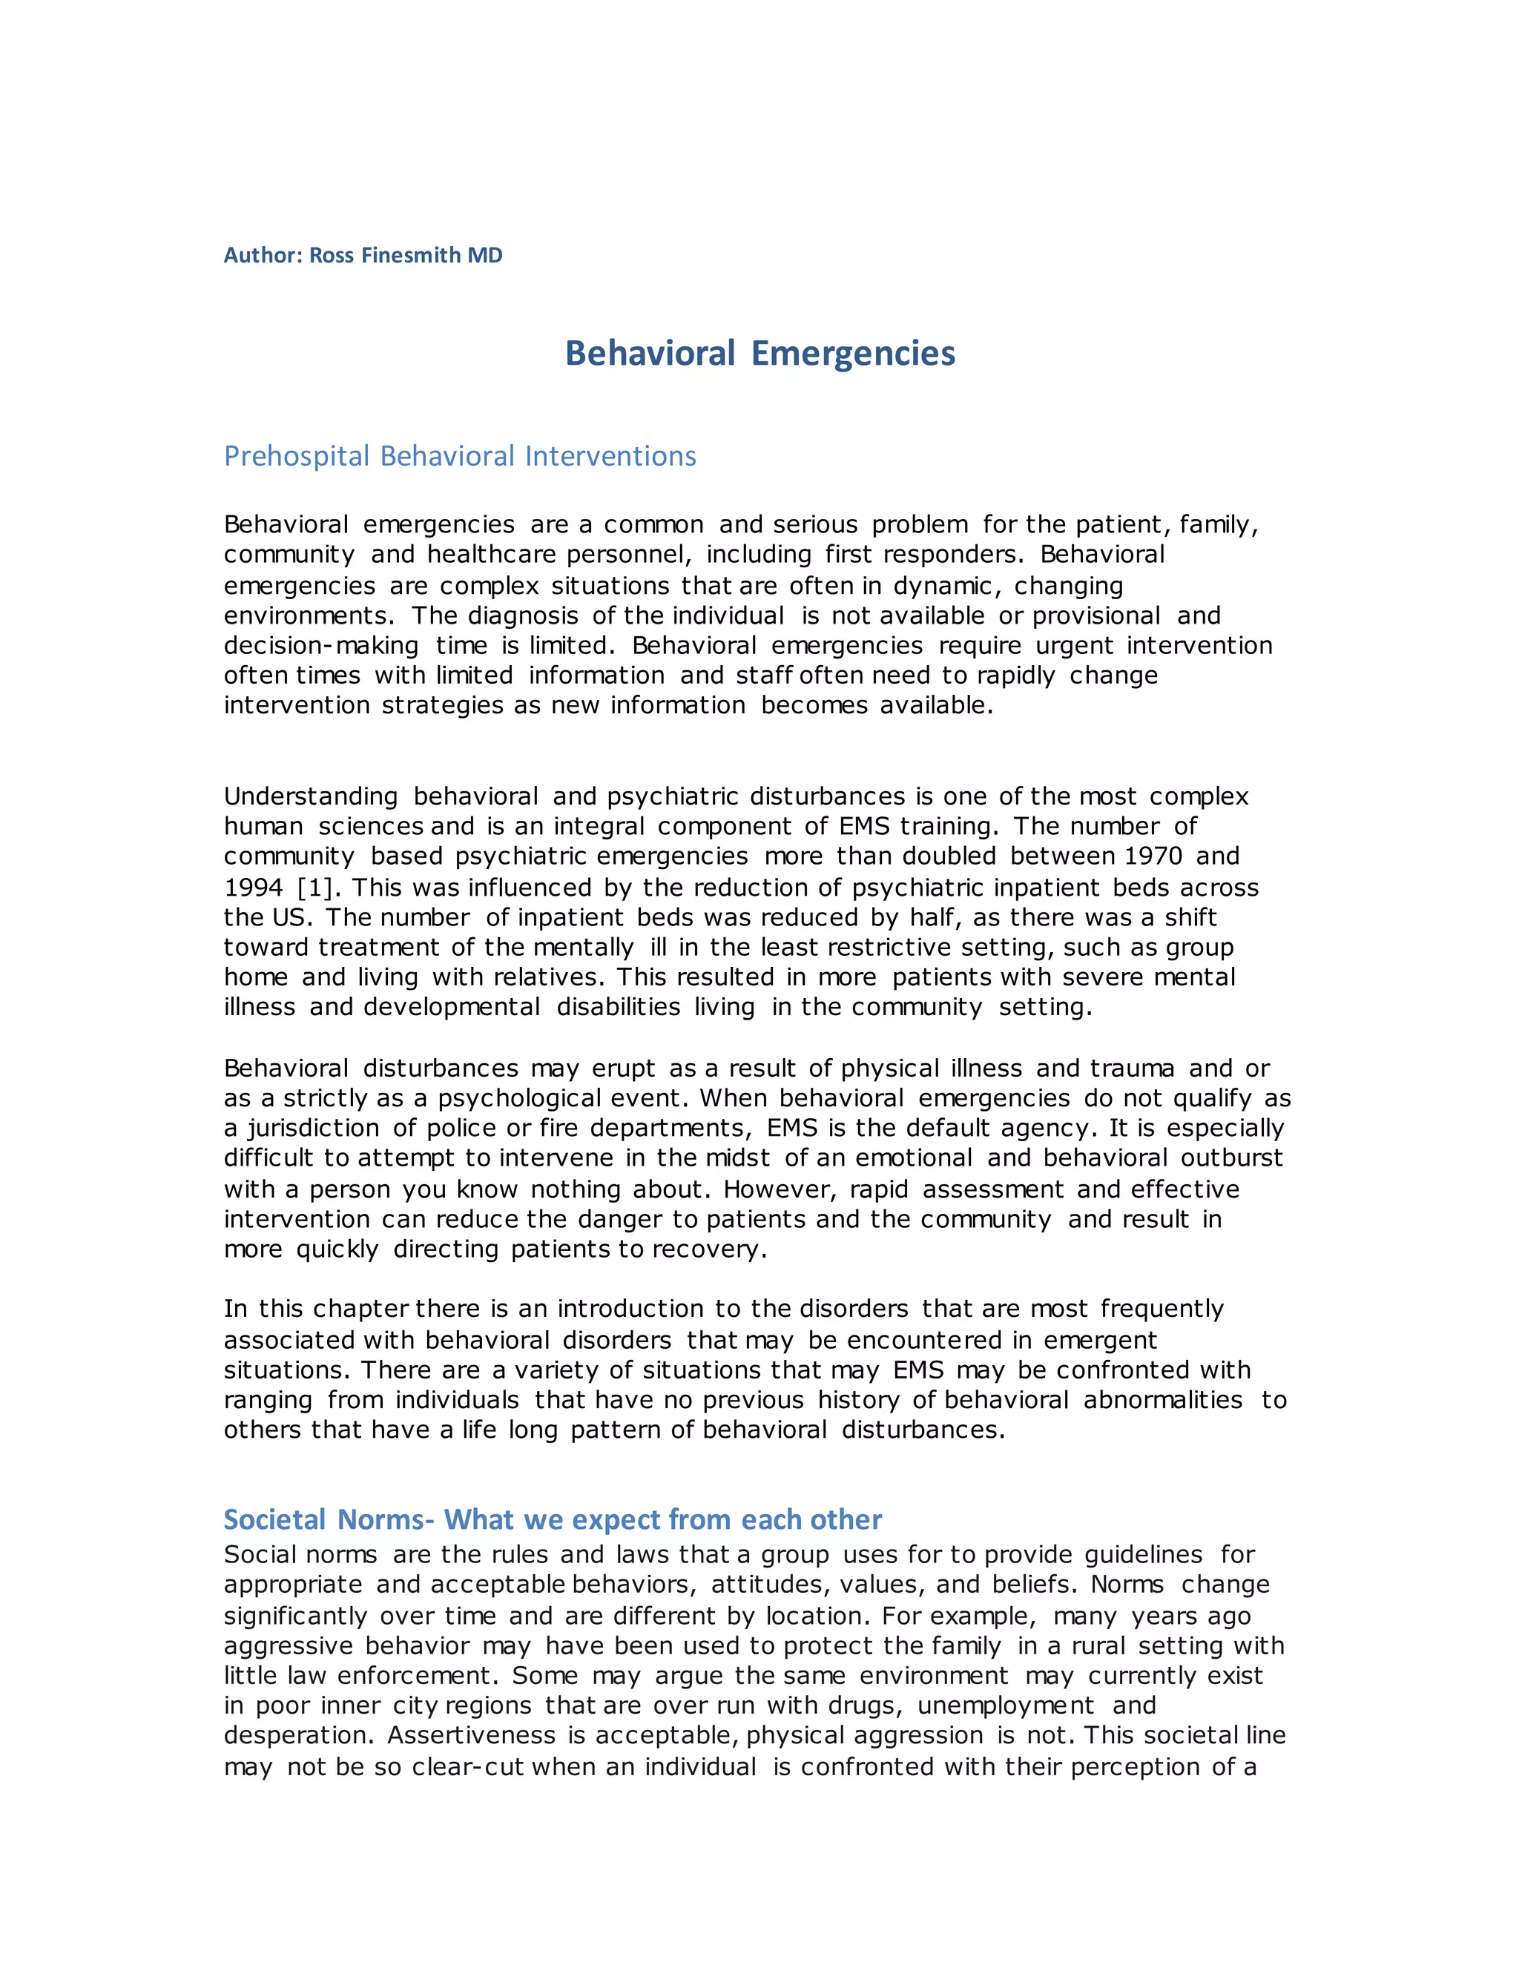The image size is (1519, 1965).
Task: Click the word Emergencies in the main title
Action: point(853,353)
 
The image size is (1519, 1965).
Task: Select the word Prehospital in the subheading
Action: point(297,456)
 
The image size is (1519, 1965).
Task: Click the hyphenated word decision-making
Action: point(321,646)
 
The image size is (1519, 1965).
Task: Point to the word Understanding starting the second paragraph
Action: point(311,796)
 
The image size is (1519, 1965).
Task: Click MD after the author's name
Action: point(485,256)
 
